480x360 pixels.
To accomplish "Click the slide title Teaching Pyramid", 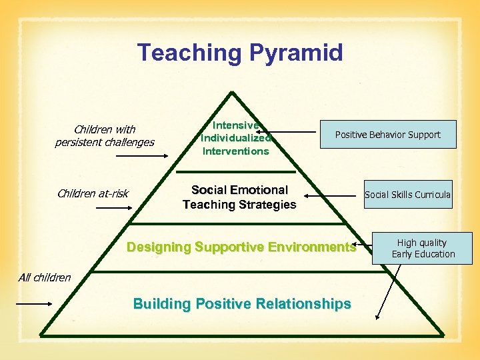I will (240, 52).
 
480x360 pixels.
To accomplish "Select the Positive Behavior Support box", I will (387, 135).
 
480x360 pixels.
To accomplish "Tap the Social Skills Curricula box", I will (407, 195).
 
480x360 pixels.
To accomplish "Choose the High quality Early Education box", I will (423, 248).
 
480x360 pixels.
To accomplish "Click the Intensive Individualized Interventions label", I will (235, 138).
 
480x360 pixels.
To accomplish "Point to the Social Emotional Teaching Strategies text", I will (239, 197).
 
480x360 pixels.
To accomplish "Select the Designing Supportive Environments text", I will (241, 247).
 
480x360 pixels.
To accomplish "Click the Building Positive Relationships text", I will (242, 304).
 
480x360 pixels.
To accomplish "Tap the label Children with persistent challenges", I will (105, 135).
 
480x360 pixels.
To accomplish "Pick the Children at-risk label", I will (93, 194).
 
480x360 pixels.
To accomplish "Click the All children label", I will (45, 277).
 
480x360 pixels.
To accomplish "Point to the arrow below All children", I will (33, 304).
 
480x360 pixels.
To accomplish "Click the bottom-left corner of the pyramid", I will (41, 334).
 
